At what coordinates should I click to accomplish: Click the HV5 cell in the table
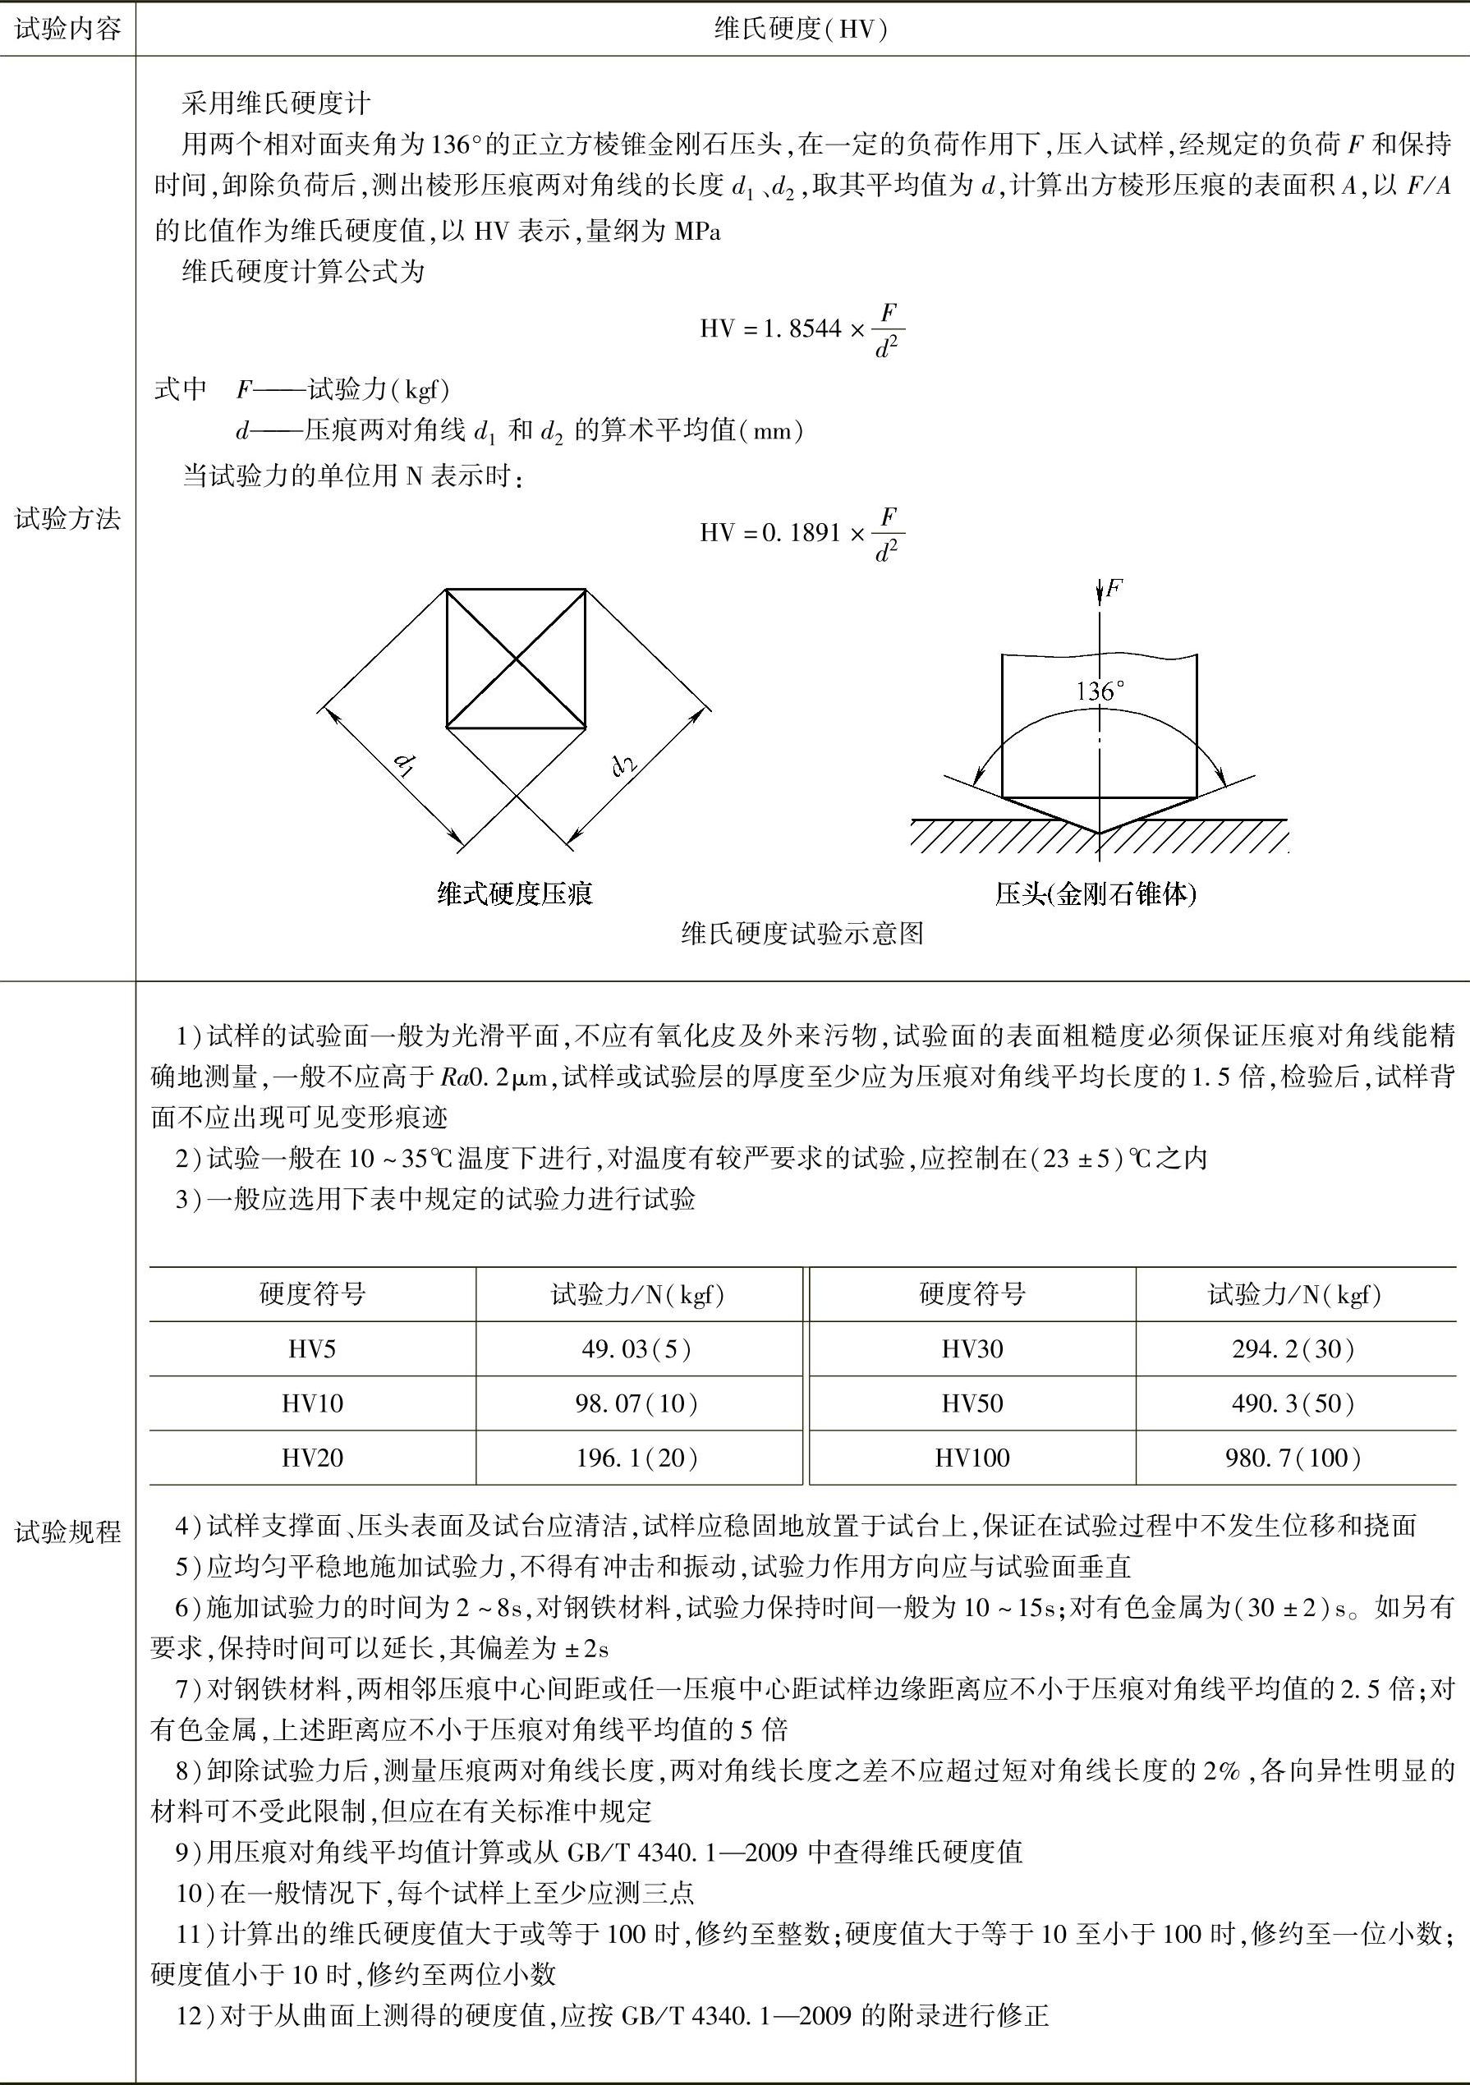pyautogui.click(x=311, y=1348)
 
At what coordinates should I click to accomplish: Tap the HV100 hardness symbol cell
pyautogui.click(x=972, y=1458)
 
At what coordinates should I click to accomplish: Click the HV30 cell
pyautogui.click(x=972, y=1348)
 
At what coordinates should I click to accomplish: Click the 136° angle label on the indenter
pyautogui.click(x=1099, y=691)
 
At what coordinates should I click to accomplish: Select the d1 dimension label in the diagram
pyautogui.click(x=404, y=766)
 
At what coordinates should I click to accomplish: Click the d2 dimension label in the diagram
pyautogui.click(x=625, y=765)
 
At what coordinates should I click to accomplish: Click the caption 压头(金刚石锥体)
pyautogui.click(x=1096, y=894)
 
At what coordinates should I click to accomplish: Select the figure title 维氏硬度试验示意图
pyautogui.click(x=802, y=934)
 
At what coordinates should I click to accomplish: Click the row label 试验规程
pyautogui.click(x=68, y=1532)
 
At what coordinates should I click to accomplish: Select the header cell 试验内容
pyautogui.click(x=68, y=30)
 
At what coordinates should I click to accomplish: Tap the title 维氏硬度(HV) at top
pyautogui.click(x=801, y=30)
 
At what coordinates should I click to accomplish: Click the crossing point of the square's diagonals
pyautogui.click(x=516, y=659)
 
